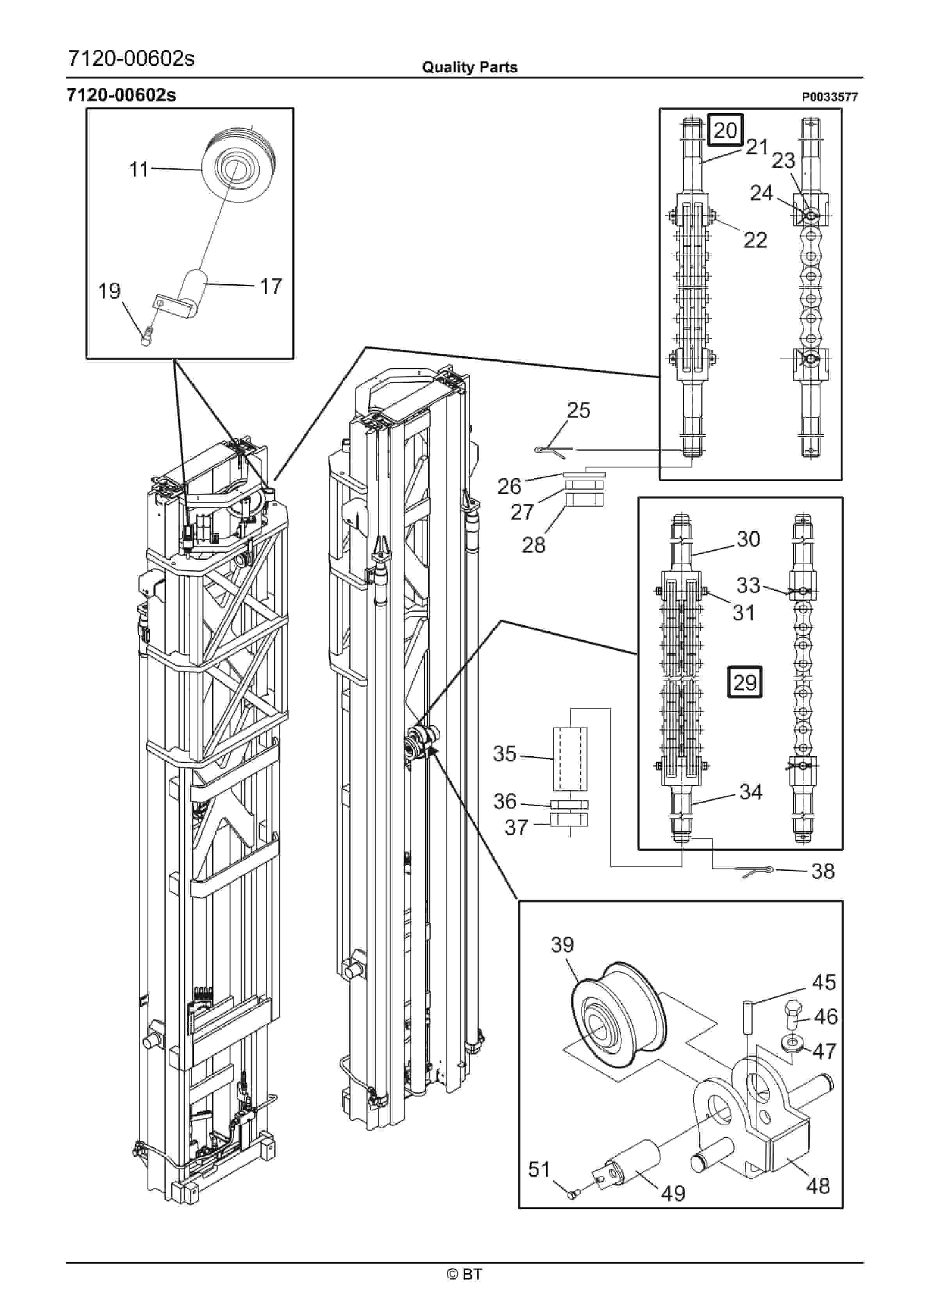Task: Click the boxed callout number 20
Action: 726,130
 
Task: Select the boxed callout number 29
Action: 745,683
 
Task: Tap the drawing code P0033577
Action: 829,97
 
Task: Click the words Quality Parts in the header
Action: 470,67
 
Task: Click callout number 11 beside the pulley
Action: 139,170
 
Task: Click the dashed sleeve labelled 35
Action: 570,758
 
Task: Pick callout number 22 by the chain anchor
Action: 755,240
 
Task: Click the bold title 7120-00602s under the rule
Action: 121,95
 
